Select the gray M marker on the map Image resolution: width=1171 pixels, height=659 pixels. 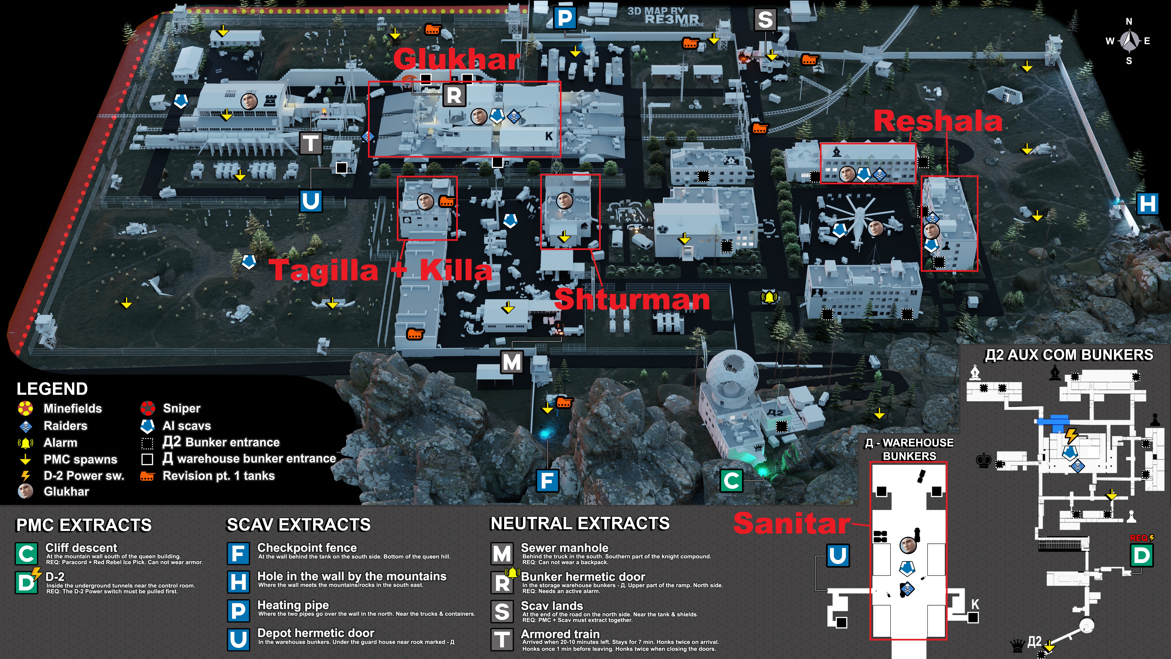[511, 362]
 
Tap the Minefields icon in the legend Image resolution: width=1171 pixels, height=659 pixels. [25, 408]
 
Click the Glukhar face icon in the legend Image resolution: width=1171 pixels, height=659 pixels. [25, 491]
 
